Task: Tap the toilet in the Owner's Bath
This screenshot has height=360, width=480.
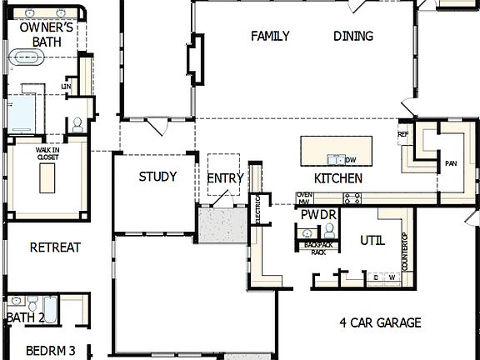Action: click(x=77, y=125)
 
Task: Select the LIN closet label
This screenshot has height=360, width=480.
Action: click(x=66, y=86)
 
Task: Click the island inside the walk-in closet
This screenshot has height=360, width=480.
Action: click(x=47, y=177)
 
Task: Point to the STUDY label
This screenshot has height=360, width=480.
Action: click(x=157, y=177)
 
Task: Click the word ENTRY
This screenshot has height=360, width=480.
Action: click(x=225, y=178)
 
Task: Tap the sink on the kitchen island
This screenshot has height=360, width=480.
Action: click(x=335, y=158)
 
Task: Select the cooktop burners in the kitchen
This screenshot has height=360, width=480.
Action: click(x=352, y=198)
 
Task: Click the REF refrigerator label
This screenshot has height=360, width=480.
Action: click(x=403, y=134)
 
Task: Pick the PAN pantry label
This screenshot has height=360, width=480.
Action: click(x=451, y=163)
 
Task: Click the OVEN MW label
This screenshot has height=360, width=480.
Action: click(x=303, y=198)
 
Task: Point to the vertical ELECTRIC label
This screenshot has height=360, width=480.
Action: click(x=257, y=210)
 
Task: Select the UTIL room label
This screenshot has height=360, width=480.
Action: click(x=372, y=241)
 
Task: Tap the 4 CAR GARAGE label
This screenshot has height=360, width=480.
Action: click(x=380, y=322)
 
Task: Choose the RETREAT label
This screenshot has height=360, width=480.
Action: click(x=55, y=247)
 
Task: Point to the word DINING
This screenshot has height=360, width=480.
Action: click(x=353, y=36)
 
